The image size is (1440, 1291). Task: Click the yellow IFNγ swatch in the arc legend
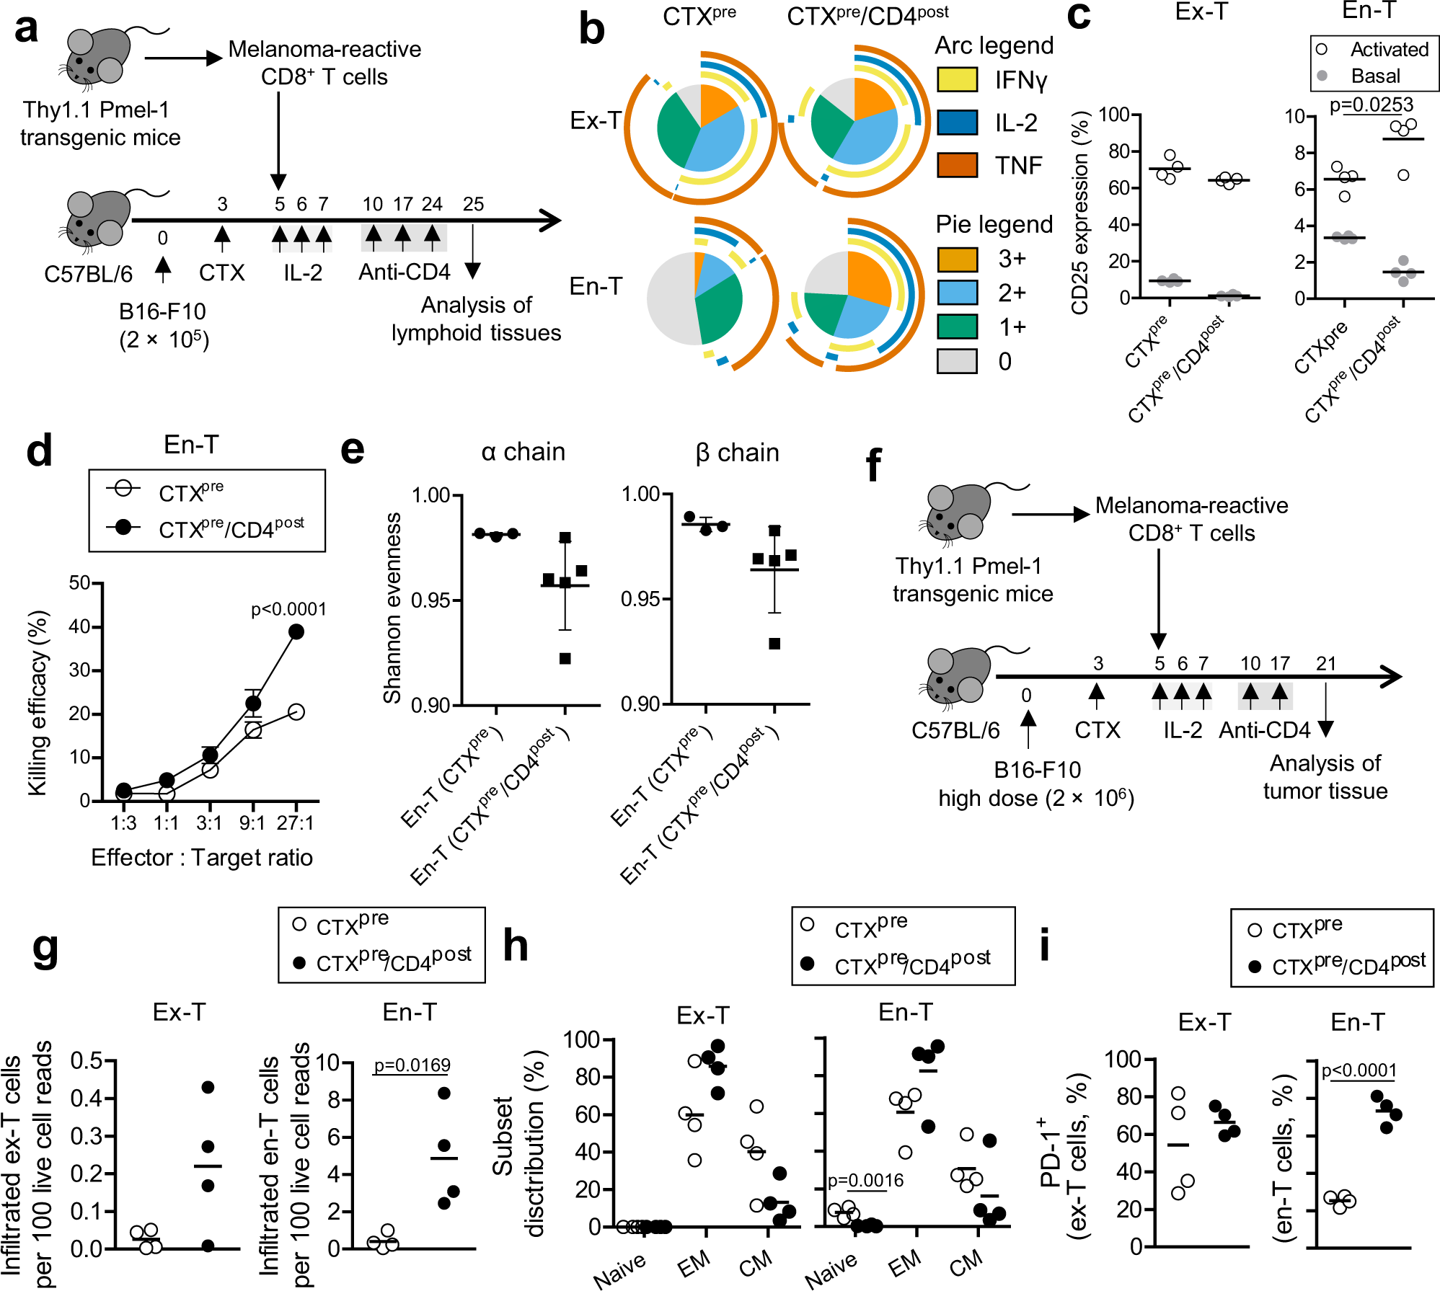coord(957,79)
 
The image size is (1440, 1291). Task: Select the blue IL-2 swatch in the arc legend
coord(957,123)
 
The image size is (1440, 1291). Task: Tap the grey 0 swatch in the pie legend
coord(957,361)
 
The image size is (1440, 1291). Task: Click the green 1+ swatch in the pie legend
coord(957,327)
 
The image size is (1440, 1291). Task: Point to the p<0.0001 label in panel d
coord(288,610)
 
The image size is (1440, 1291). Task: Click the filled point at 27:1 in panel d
coord(296,632)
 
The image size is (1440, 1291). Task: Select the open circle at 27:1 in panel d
coord(296,712)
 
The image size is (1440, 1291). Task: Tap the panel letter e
coord(353,451)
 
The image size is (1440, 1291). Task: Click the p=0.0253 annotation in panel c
coord(1371,105)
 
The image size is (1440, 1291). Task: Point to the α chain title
coord(523,452)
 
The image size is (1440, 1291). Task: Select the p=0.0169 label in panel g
coord(412,1065)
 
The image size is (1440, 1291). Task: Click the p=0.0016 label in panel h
coord(865,1180)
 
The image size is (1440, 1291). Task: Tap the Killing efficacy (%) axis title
coord(37,703)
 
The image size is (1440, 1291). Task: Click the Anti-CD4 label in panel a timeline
coord(404,272)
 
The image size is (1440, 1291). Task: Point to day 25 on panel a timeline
coord(473,204)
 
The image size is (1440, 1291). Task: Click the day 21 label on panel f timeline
coord(1325,663)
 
